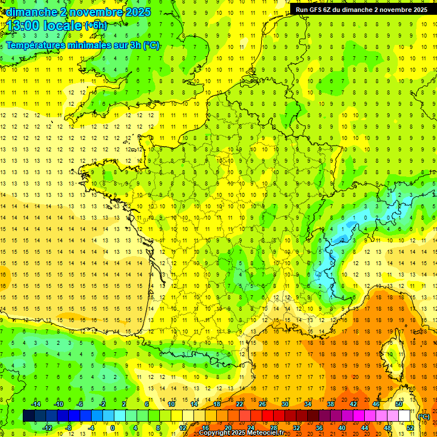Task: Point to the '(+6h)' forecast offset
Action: click(96, 26)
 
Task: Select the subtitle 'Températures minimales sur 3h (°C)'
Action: click(83, 45)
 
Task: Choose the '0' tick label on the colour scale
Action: click(113, 428)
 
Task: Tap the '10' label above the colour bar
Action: click(171, 404)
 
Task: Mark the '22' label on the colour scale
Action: click(240, 404)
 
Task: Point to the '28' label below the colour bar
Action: click(273, 428)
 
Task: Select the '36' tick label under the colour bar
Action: click(319, 428)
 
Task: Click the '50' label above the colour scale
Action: click(399, 404)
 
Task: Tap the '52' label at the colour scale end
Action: click(410, 428)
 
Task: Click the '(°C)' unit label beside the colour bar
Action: click(424, 417)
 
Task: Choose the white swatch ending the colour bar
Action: click(405, 416)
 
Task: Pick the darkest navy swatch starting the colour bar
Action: click(28, 416)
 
